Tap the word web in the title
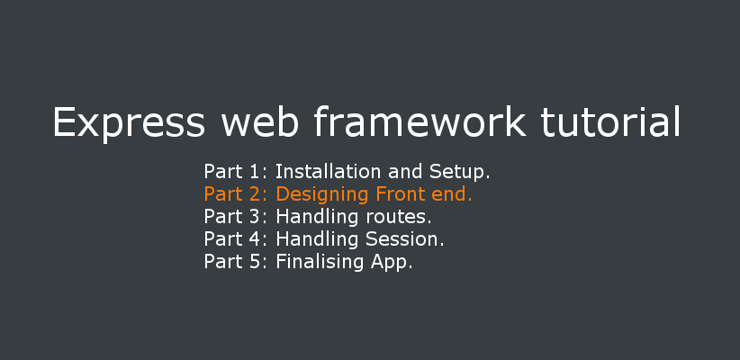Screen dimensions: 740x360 [x=259, y=121]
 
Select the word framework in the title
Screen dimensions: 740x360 [x=420, y=121]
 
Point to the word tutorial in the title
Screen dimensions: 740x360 [x=611, y=121]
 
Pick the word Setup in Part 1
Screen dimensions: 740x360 [x=459, y=173]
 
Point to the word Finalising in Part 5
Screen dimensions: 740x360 [x=320, y=262]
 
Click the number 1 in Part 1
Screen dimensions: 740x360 [x=254, y=171]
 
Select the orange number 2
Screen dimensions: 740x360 [x=254, y=193]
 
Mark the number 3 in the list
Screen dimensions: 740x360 [x=254, y=217]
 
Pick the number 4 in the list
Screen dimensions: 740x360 [x=254, y=239]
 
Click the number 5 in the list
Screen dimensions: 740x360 [x=254, y=262]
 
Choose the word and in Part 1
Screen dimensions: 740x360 [x=405, y=171]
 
